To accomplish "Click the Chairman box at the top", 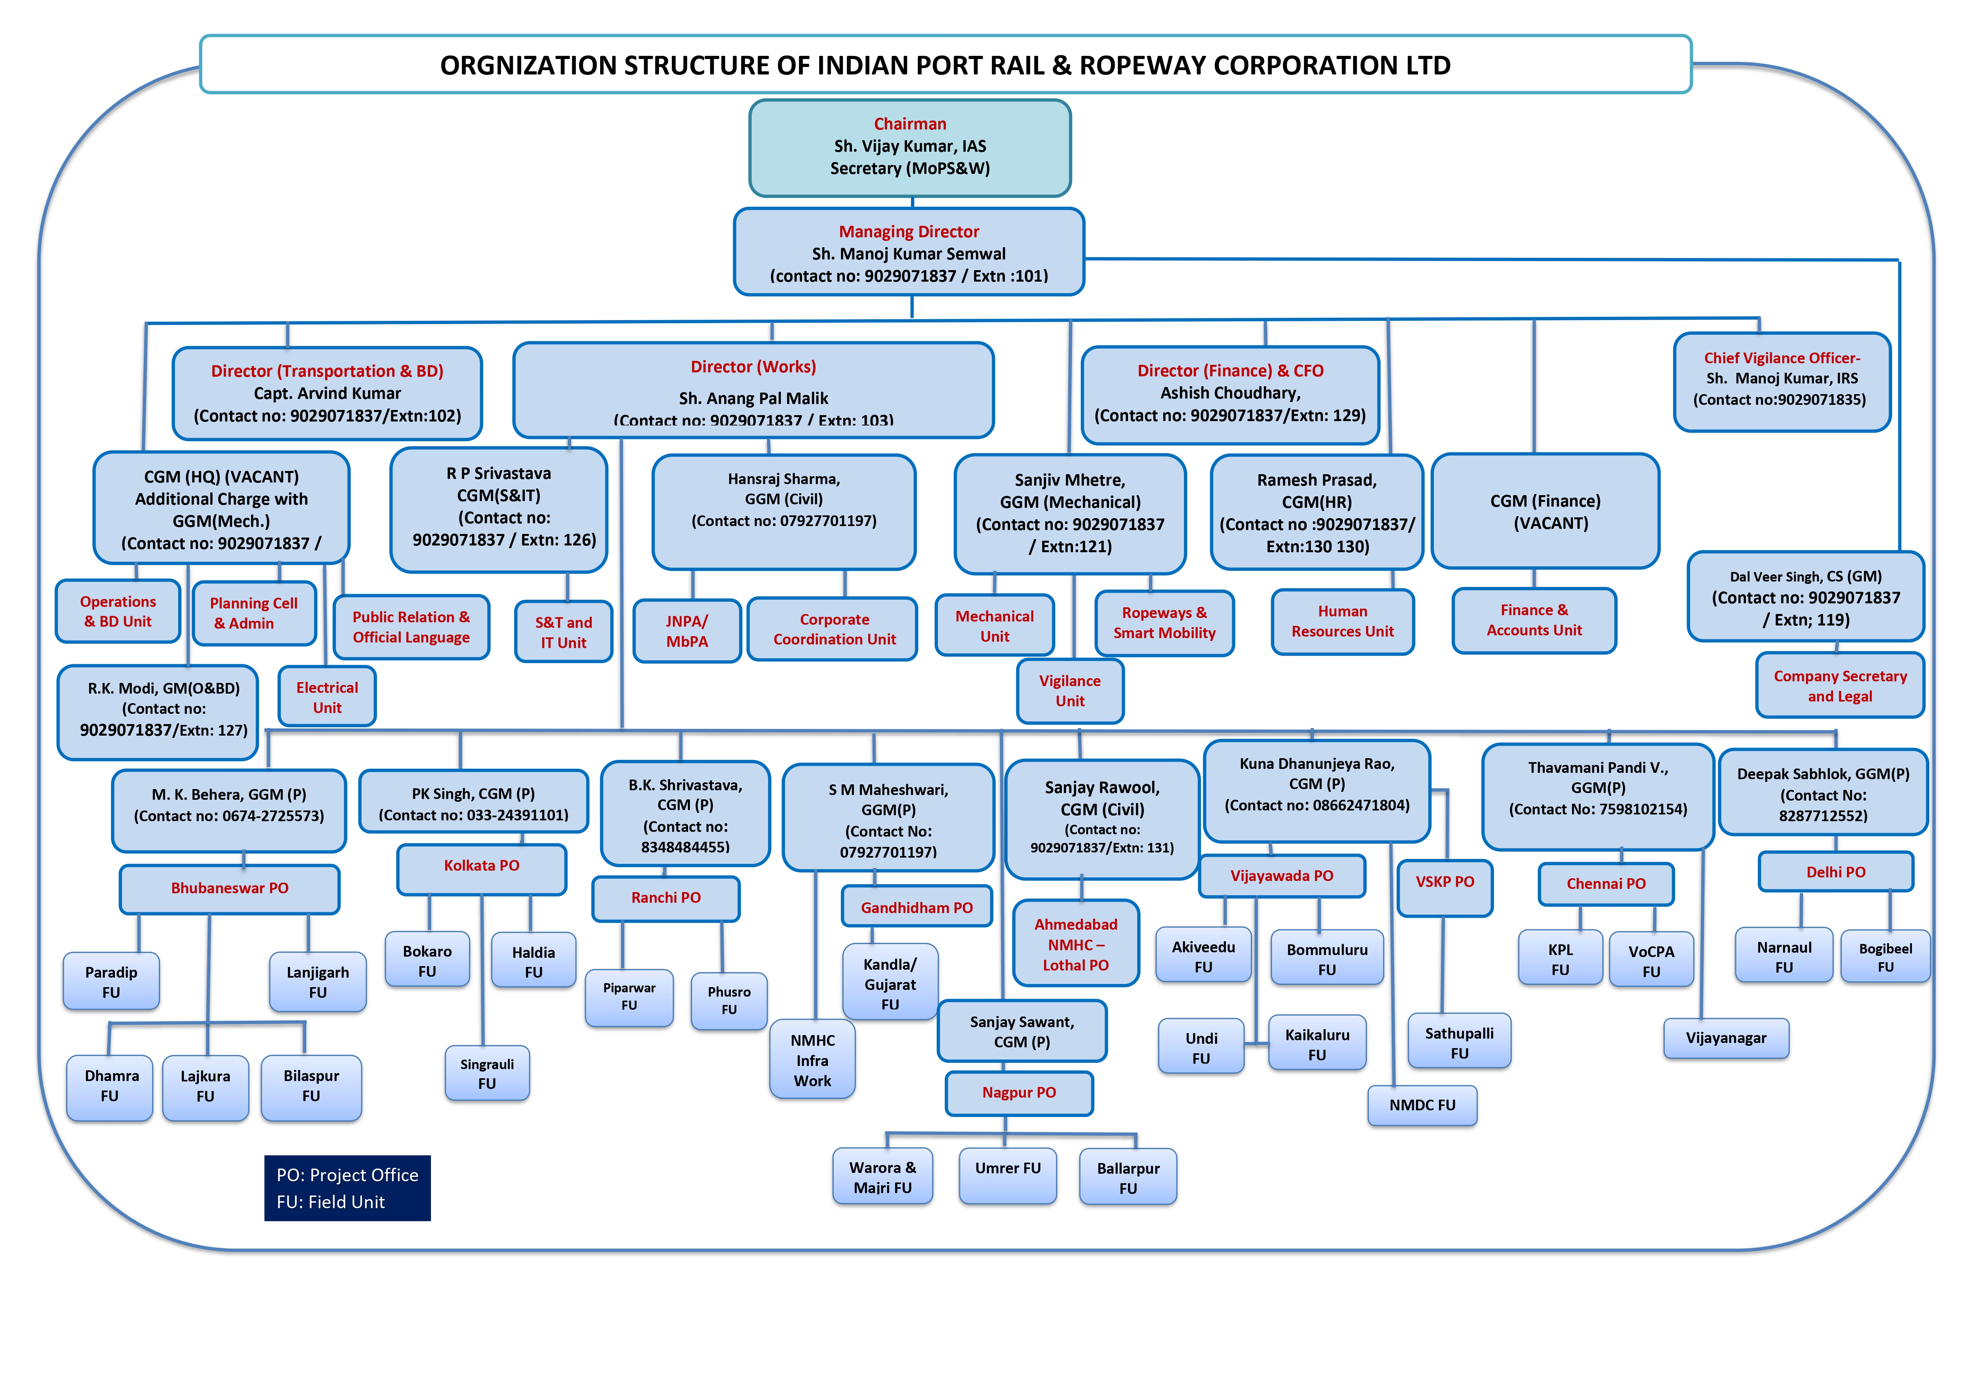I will (x=910, y=147).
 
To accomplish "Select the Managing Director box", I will (x=909, y=252).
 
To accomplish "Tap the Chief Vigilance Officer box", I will (x=1782, y=381).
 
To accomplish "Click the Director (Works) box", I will (x=753, y=389).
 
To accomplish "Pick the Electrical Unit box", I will (x=327, y=697).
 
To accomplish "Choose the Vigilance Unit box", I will (x=1070, y=691).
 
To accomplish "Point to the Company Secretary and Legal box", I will (x=1840, y=686).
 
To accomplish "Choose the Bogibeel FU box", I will (x=1885, y=957).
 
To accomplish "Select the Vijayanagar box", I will (x=1726, y=1038).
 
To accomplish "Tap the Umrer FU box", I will (x=1008, y=1175).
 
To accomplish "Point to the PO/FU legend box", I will (x=347, y=1188).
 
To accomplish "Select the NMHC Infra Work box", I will (x=812, y=1060).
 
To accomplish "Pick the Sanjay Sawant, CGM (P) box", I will (x=1022, y=1032).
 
